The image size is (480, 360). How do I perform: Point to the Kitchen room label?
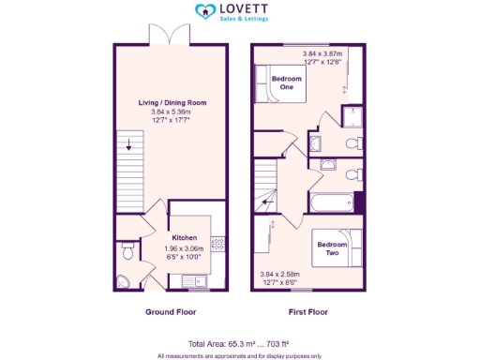coord(183,238)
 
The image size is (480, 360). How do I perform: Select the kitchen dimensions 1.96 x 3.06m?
coord(183,247)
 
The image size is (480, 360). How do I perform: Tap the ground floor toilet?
coord(127,251)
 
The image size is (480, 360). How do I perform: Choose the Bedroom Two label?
coord(333,247)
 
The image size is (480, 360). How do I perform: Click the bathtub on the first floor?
coord(330,202)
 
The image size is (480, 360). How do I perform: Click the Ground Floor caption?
coord(171,311)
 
